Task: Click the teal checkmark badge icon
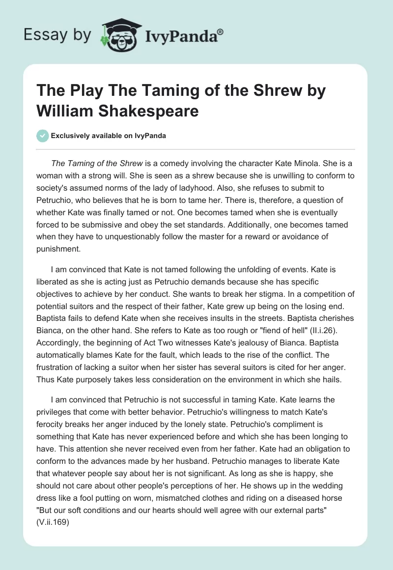coord(43,136)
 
